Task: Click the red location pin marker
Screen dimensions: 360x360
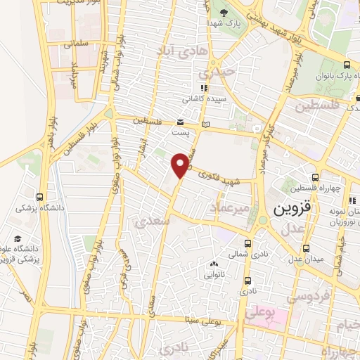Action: tap(181, 165)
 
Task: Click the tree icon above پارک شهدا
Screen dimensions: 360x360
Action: tap(224, 13)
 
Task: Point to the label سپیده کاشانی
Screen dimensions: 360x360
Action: tap(205, 100)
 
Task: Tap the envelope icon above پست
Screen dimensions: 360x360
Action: tap(181, 122)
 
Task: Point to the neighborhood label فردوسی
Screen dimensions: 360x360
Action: tap(310, 297)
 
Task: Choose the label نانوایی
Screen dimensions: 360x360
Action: tap(214, 276)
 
